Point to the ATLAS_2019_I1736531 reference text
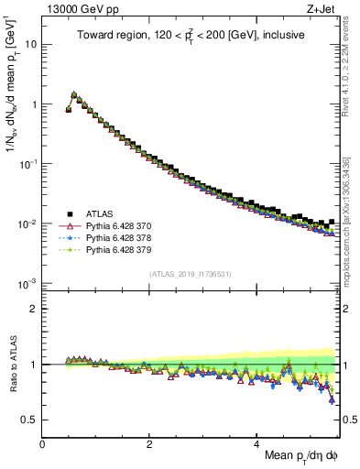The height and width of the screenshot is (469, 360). (191, 274)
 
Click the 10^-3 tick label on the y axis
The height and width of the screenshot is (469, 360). (27, 283)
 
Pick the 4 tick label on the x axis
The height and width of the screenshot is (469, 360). (257, 442)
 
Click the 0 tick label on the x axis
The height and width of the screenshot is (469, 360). (43, 442)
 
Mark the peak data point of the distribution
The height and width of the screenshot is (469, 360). (74, 94)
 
